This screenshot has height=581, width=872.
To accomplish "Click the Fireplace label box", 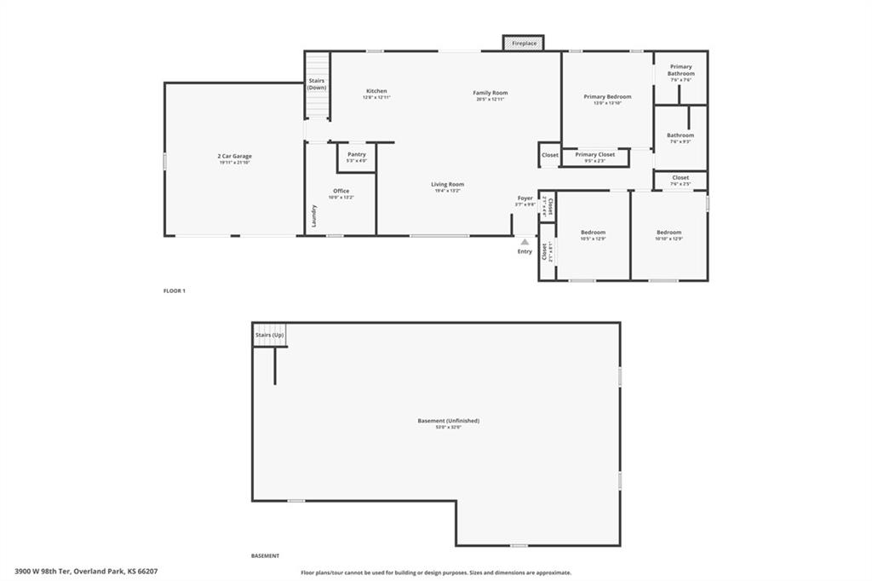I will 524,43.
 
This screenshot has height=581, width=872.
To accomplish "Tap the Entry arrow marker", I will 525,242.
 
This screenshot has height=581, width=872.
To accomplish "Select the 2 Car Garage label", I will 234,157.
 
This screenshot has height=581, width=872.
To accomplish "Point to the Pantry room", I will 357,157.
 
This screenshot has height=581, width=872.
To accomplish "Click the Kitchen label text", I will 376,91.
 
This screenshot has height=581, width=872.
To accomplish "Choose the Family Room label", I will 490,93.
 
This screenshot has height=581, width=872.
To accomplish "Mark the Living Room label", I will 447,185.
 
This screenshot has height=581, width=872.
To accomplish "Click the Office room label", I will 341,192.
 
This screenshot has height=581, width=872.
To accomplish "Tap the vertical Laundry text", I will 314,216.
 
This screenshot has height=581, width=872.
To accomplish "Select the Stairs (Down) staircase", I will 317,85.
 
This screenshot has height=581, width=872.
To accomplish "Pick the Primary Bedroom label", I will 607,97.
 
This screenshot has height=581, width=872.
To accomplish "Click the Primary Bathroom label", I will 680,70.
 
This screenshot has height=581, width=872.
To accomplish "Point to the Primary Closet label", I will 594,155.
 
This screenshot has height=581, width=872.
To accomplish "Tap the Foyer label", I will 525,198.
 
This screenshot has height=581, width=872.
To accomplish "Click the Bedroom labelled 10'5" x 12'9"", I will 594,233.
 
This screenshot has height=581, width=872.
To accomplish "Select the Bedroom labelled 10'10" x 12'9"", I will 668,233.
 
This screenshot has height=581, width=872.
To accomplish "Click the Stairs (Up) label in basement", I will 269,335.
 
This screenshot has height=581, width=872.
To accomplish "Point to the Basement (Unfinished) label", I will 448,421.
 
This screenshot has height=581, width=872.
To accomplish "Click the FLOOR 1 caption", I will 175,290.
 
